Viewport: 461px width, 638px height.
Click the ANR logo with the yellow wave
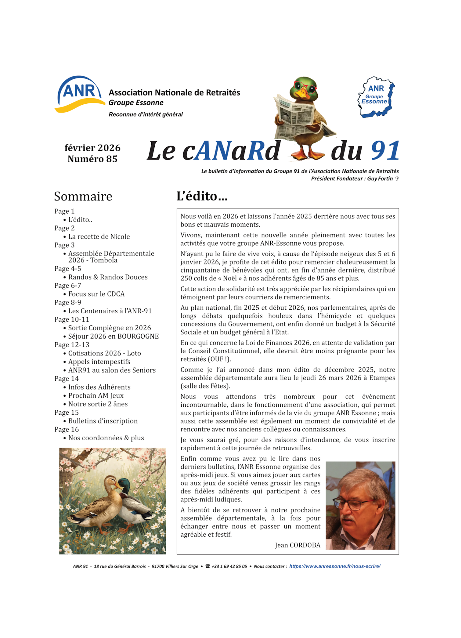(80, 94)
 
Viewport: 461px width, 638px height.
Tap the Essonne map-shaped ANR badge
(376, 97)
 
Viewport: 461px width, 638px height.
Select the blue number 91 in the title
(385, 151)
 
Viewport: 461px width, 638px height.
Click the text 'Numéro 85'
(92, 159)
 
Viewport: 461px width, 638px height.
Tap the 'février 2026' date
(92, 148)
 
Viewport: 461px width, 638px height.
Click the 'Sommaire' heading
(83, 196)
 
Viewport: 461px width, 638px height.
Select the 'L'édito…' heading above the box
(202, 196)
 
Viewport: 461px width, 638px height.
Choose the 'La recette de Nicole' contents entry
(99, 237)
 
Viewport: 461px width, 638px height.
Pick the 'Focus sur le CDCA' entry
(96, 294)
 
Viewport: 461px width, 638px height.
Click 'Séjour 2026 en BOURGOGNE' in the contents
(113, 336)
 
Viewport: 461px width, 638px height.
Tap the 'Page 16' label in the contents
(67, 429)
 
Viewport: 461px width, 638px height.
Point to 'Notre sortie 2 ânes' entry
(98, 404)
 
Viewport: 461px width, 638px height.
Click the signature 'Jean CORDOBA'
(298, 545)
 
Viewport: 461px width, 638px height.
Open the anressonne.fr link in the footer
(335, 566)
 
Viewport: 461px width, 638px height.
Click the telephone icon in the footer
(208, 566)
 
